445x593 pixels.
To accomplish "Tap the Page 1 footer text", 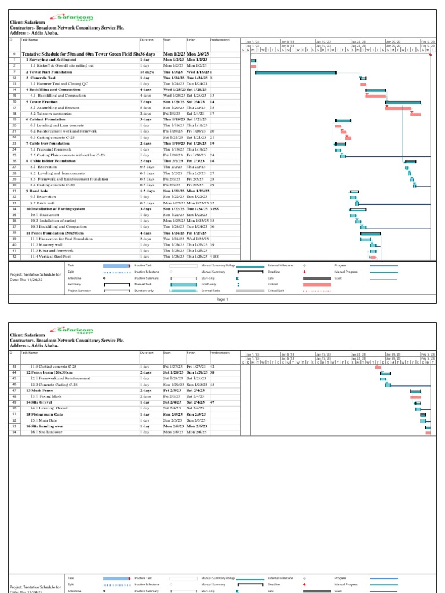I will pos(222,299).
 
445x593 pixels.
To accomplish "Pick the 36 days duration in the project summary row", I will pos(148,54).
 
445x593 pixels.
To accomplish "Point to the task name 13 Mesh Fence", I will pos(41,390).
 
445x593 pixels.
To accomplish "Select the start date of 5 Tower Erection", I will pos(174,101).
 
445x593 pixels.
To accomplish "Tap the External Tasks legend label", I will pos(211,291).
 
